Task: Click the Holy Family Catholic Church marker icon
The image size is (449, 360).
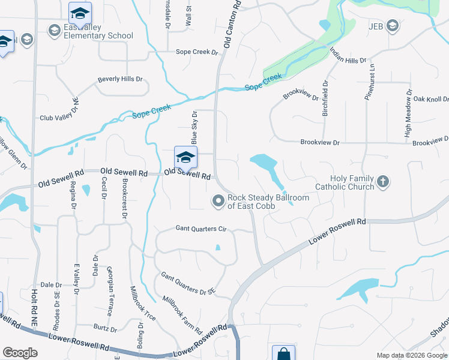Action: pos(383,181)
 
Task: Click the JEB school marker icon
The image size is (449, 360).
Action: pos(392,25)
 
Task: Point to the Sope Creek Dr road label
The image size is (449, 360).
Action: pos(197,52)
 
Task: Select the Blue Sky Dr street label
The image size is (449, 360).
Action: pos(194,127)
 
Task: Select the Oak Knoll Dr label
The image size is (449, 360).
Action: pos(430,99)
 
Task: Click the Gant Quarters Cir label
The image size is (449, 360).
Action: pos(200,229)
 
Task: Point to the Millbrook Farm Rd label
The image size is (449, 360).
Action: pos(182,314)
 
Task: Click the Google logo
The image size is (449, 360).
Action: pos(20,353)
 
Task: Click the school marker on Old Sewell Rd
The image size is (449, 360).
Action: pos(185,158)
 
